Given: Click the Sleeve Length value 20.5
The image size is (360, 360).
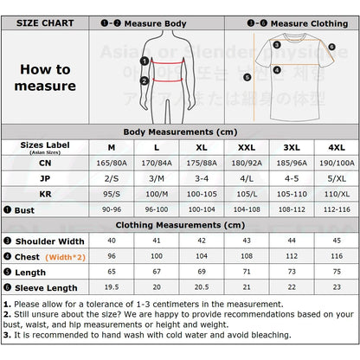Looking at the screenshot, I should tap(203, 287).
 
